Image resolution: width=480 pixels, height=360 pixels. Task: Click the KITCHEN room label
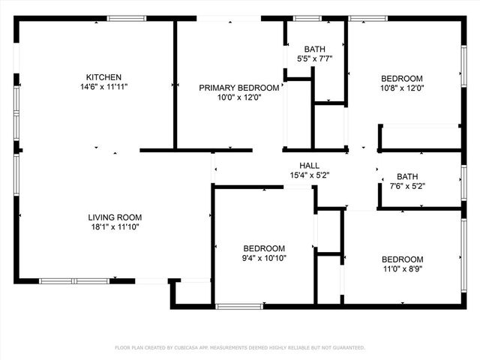(103, 77)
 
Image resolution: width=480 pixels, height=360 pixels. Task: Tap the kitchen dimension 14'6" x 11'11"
(103, 87)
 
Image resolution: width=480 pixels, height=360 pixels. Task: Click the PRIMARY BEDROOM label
(239, 88)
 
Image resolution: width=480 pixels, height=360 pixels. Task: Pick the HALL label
(310, 166)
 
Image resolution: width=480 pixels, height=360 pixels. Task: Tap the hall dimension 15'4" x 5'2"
(310, 175)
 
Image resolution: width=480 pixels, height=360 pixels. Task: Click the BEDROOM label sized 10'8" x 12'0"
(402, 78)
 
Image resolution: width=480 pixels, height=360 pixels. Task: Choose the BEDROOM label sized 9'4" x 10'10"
(264, 248)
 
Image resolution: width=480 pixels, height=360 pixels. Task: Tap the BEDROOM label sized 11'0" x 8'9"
(402, 259)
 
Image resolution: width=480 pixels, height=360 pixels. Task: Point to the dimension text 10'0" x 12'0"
(239, 97)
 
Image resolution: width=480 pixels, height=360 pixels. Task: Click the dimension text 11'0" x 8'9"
(402, 268)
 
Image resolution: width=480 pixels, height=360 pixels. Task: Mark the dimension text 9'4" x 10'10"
(264, 258)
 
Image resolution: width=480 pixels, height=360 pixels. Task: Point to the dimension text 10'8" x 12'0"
(402, 88)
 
